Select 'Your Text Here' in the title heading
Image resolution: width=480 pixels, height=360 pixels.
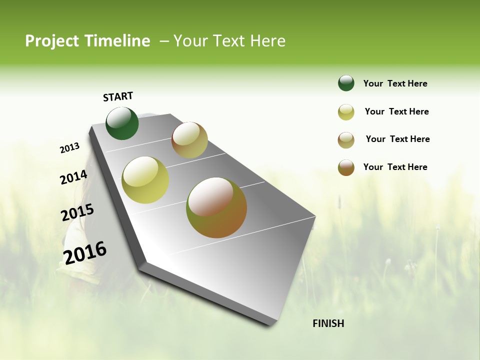pos(229,41)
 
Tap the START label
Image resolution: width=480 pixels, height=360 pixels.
pos(118,96)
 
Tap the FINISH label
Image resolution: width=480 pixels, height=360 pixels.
pos(328,323)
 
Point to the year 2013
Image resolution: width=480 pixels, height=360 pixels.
pos(69,148)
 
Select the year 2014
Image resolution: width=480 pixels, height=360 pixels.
pos(73,177)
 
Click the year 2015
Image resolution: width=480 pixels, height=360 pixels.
pos(77,212)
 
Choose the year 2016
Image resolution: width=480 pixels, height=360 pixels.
pos(85,253)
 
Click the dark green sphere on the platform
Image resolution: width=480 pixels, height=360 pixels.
pos(122,123)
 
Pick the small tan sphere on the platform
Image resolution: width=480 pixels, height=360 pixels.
pos(189,140)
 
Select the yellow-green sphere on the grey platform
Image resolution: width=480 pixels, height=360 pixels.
pos(145,180)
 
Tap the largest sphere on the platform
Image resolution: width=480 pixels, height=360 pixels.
pos(216,207)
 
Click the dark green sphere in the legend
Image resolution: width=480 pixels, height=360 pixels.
pos(346,83)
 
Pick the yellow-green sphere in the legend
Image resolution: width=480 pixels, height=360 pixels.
pos(346,112)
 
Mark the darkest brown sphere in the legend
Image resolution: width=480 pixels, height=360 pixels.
pos(346,167)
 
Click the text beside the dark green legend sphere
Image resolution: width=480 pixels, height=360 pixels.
pos(395,83)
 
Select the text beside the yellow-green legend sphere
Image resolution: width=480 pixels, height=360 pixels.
pos(396,111)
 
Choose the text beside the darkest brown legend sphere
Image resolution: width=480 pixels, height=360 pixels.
pos(395,167)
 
